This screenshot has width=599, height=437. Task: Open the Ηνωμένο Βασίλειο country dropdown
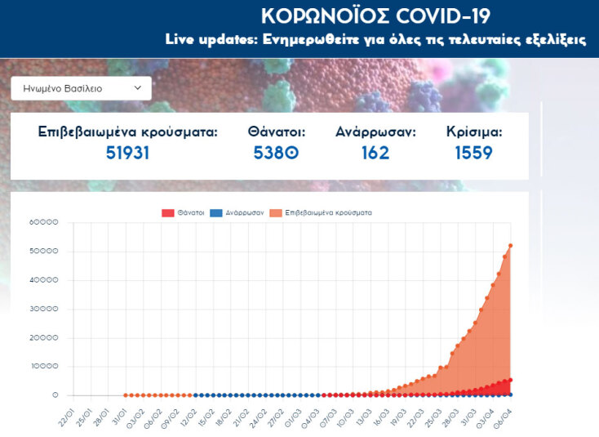pos(81,88)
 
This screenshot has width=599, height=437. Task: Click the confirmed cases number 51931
pos(128,153)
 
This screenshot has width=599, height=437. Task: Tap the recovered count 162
pos(375,153)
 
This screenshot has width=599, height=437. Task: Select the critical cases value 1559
pos(474,153)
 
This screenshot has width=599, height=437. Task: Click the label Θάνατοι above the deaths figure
pos(277,132)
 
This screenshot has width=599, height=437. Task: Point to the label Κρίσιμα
pos(474,132)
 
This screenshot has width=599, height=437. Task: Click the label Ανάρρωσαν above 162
pos(375,132)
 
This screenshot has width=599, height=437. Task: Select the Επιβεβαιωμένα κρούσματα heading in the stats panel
pos(128,132)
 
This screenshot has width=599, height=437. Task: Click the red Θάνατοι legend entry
pos(184,212)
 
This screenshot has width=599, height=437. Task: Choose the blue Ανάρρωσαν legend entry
pos(242,212)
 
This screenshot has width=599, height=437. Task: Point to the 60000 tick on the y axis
pos(43,222)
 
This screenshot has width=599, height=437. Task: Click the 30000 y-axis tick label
pos(43,309)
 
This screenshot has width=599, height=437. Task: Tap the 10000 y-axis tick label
pos(43,367)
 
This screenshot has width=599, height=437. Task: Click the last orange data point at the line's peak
pos(511,245)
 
